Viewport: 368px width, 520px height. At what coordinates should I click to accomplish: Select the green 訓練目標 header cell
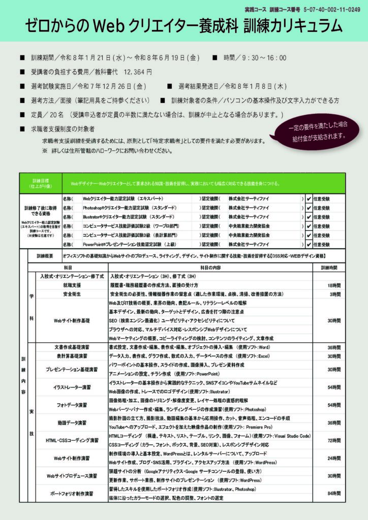[40, 183]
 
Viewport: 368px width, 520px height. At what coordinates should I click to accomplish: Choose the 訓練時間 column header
[329, 267]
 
